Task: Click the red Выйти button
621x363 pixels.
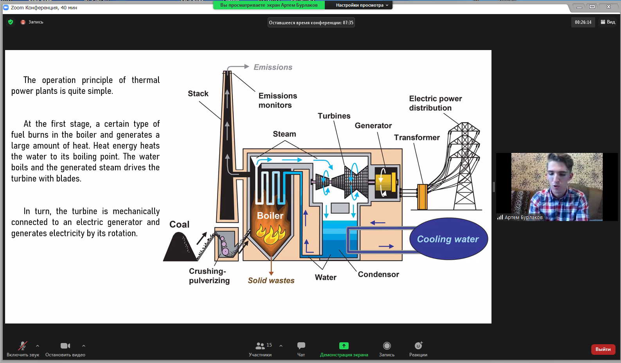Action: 603,349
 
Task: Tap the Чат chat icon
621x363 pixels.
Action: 301,346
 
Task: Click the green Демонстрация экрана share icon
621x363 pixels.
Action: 344,346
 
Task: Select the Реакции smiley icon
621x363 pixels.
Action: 418,346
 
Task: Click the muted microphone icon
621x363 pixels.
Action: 23,346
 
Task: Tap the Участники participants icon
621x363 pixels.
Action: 260,346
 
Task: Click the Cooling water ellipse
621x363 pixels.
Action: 448,239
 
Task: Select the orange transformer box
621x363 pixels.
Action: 422,197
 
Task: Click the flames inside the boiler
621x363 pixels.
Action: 270,234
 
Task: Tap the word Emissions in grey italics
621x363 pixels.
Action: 273,67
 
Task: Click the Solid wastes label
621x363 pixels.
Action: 271,280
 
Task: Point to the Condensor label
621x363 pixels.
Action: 378,274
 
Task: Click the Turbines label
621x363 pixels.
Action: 334,116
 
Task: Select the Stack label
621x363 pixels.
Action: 198,93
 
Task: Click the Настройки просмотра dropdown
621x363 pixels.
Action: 362,5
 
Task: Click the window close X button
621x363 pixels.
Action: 608,7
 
